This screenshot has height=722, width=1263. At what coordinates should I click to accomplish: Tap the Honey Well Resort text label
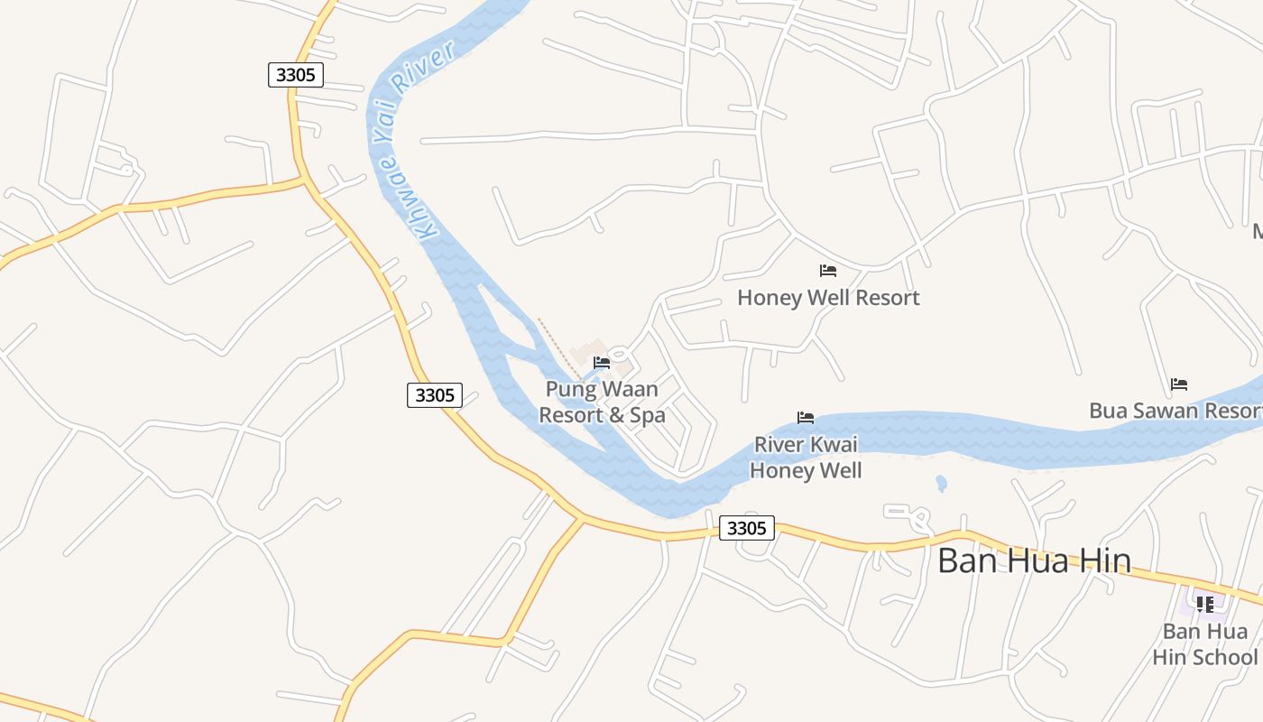click(x=828, y=298)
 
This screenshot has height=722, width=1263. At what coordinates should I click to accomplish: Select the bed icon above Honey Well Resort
click(x=828, y=271)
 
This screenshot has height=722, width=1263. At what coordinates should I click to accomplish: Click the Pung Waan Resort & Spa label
click(x=602, y=403)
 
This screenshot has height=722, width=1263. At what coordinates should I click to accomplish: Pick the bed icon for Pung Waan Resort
click(x=602, y=363)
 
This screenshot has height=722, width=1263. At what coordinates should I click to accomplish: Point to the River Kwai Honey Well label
click(x=806, y=458)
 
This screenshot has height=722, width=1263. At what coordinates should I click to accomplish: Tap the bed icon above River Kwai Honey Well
click(x=806, y=418)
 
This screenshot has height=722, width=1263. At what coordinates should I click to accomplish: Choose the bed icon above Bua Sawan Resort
click(x=1178, y=384)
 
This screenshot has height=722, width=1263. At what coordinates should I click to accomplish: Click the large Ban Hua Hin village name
click(x=1034, y=560)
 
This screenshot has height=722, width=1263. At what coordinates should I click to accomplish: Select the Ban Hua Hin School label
click(x=1204, y=643)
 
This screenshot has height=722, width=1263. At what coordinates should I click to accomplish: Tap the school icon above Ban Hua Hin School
click(x=1204, y=605)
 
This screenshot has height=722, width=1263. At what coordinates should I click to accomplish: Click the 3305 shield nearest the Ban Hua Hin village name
click(x=746, y=528)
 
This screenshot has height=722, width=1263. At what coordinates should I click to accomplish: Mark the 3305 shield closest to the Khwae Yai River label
click(x=296, y=74)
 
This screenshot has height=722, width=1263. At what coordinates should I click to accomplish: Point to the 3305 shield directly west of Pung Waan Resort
click(x=435, y=394)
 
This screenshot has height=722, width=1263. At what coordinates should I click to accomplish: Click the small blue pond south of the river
click(x=941, y=483)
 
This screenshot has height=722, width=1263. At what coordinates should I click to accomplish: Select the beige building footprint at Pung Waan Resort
click(x=587, y=351)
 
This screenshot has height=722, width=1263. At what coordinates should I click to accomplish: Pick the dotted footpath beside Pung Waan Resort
click(x=559, y=347)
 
